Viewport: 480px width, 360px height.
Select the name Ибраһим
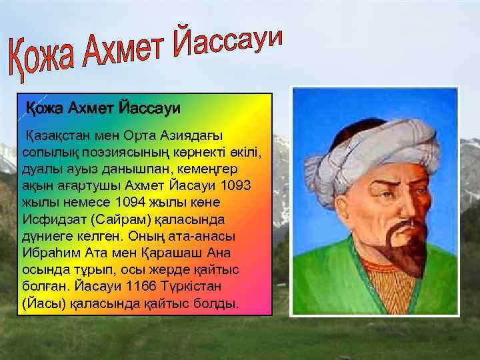[x=53, y=253]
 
